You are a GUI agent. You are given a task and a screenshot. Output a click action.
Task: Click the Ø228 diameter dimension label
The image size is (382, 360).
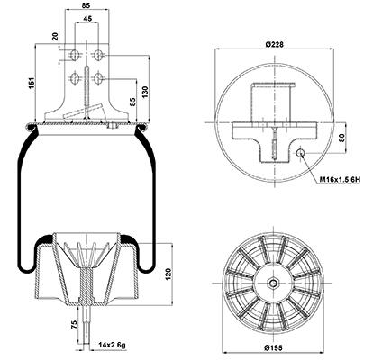(274, 45)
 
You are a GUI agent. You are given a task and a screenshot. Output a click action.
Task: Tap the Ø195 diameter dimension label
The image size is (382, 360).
(273, 348)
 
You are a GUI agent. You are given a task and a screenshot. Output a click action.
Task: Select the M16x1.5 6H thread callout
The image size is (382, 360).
(340, 180)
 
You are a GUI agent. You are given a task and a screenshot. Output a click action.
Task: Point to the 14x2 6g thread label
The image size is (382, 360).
(112, 345)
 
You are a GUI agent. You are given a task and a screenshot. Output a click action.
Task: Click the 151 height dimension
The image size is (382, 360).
(32, 83)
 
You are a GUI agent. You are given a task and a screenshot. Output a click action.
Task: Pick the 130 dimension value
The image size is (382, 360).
(145, 92)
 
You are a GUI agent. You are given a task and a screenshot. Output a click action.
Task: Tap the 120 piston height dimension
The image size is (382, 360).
(168, 274)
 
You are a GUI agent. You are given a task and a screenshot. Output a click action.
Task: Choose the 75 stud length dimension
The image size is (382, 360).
(74, 325)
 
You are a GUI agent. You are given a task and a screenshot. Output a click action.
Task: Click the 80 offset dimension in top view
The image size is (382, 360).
(341, 138)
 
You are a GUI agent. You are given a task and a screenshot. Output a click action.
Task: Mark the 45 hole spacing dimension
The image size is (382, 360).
(87, 18)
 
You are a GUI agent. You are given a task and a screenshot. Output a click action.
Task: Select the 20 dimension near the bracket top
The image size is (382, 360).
(55, 37)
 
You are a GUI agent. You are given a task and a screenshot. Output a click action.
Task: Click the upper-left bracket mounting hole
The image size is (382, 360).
(74, 55)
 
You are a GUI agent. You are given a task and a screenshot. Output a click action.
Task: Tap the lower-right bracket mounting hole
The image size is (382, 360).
(98, 79)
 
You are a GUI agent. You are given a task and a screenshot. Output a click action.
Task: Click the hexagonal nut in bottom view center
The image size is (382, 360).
(273, 283)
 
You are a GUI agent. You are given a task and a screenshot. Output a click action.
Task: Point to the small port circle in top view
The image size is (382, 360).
(300, 153)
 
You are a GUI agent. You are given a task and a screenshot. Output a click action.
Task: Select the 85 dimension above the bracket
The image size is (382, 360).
(86, 5)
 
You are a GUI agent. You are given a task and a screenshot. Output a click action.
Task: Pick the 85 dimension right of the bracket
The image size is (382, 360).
(133, 102)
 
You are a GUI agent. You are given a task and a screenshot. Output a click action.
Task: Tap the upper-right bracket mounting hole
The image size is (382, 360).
(98, 55)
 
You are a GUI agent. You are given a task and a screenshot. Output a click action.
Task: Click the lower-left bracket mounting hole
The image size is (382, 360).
(74, 79)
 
